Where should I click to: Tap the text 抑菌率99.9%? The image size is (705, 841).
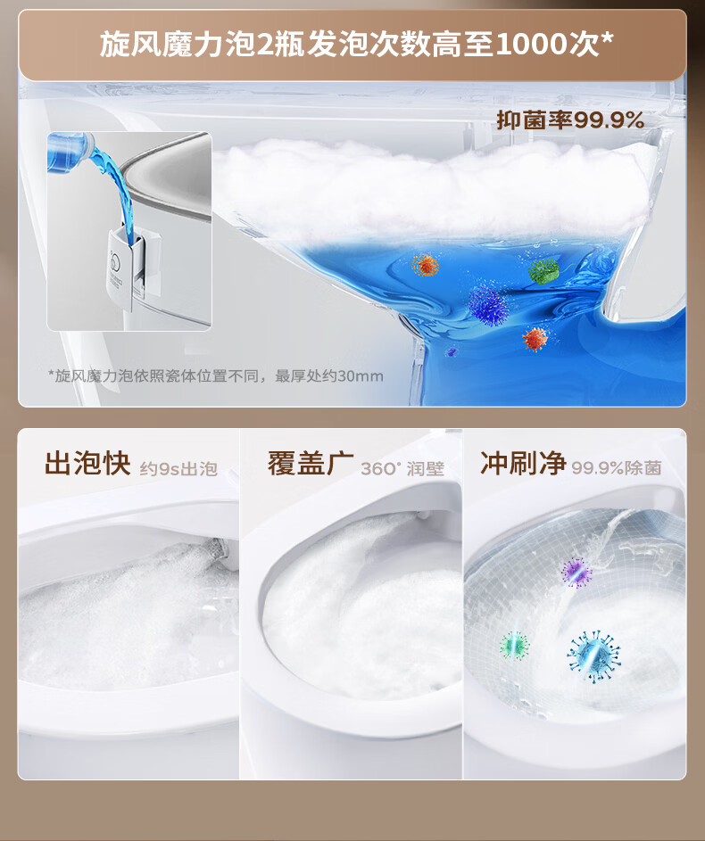pyautogui.click(x=570, y=120)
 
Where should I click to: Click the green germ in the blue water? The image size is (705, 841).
pyautogui.click(x=543, y=271)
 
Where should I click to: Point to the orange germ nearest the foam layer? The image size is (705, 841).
pyautogui.click(x=426, y=265)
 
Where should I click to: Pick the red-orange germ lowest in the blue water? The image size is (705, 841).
pyautogui.click(x=535, y=339)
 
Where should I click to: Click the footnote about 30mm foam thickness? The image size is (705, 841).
pyautogui.click(x=216, y=375)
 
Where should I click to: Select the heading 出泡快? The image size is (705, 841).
pyautogui.click(x=87, y=464)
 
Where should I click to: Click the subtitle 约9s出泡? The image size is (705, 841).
pyautogui.click(x=178, y=469)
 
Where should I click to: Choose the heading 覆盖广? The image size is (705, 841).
pyautogui.click(x=311, y=464)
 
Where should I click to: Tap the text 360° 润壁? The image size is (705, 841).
pyautogui.click(x=402, y=468)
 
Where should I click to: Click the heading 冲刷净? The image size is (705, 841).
pyautogui.click(x=523, y=464)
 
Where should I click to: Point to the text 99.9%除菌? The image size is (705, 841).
pyautogui.click(x=616, y=468)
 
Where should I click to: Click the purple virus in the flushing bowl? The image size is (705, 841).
pyautogui.click(x=576, y=573)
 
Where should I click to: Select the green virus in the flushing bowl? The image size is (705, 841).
pyautogui.click(x=515, y=645)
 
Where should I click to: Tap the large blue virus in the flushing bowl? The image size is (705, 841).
pyautogui.click(x=594, y=657)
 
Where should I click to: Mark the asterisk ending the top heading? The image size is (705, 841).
pyautogui.click(x=607, y=38)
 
